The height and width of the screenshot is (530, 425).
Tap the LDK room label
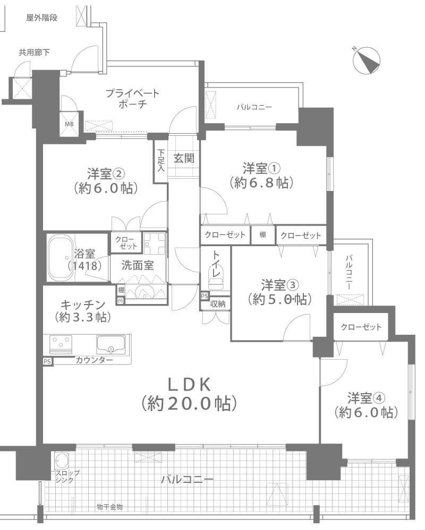point(190,384)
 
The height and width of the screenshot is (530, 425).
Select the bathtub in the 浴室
point(60,257)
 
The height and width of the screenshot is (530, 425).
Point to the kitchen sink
point(110,344)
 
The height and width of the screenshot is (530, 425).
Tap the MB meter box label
point(69,124)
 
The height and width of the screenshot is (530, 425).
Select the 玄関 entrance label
point(184,158)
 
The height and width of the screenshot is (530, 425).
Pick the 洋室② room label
point(106,173)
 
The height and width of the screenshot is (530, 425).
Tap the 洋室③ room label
point(279,285)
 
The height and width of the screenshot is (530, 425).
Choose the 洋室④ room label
point(366,398)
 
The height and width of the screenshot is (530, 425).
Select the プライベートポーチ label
point(132,98)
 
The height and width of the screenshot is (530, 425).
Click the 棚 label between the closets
point(262,234)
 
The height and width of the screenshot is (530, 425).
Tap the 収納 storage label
point(218,304)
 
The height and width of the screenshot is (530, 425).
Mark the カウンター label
point(94,360)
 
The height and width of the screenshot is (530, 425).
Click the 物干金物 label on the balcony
point(109,507)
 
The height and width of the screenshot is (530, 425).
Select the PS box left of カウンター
point(47,361)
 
